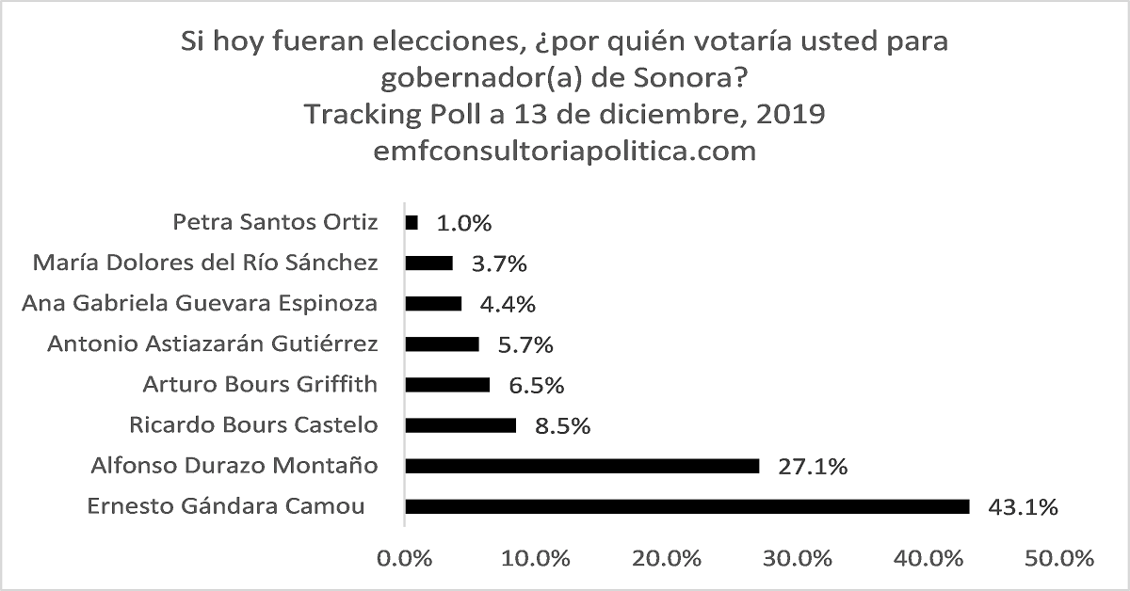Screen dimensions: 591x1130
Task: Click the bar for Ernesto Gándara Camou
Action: click(687, 506)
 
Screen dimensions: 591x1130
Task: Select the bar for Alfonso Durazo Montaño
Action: click(582, 466)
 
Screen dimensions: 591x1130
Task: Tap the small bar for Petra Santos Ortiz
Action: click(412, 223)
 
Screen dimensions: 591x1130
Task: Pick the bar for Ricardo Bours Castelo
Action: click(460, 425)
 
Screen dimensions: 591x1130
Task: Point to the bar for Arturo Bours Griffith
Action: click(447, 384)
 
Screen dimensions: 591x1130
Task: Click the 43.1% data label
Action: click(1023, 507)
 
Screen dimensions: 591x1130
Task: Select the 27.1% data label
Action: click(812, 467)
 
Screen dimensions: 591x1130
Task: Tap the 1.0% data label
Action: click(464, 224)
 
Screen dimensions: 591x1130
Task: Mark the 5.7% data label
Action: click(525, 345)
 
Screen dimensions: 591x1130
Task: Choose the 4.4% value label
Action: click(508, 305)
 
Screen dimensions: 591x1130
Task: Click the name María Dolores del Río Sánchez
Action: click(205, 263)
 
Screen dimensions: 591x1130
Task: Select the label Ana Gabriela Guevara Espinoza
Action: click(200, 303)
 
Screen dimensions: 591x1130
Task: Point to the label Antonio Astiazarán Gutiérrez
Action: click(213, 343)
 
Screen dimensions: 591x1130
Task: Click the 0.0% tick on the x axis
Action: click(405, 558)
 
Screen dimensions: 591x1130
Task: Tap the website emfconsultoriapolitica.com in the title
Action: click(565, 150)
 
